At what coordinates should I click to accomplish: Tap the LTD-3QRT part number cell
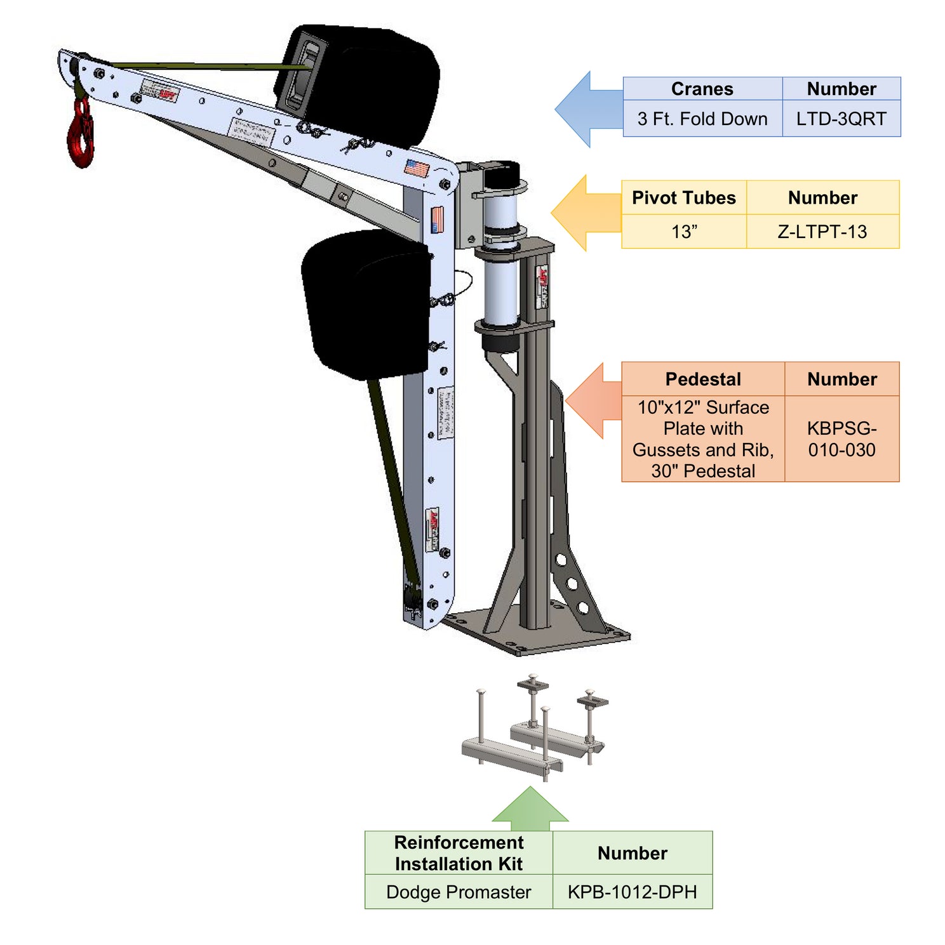841,119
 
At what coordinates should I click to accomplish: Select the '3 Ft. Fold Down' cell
702,119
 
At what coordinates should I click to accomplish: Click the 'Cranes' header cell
702,89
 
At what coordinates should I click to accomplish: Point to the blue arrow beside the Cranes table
586,109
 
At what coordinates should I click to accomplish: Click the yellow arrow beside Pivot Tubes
582,213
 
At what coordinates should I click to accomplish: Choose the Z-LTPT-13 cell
822,232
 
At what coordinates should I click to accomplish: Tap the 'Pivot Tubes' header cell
683,197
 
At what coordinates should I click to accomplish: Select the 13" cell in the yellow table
683,232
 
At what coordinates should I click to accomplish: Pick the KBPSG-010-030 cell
841,439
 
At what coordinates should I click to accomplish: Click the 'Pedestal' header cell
702,379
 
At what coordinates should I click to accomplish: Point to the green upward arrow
530,809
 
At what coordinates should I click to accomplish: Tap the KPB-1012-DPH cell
632,892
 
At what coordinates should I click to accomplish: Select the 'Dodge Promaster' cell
459,892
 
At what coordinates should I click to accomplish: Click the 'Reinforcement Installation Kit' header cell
459,853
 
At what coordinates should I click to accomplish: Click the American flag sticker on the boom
417,168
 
